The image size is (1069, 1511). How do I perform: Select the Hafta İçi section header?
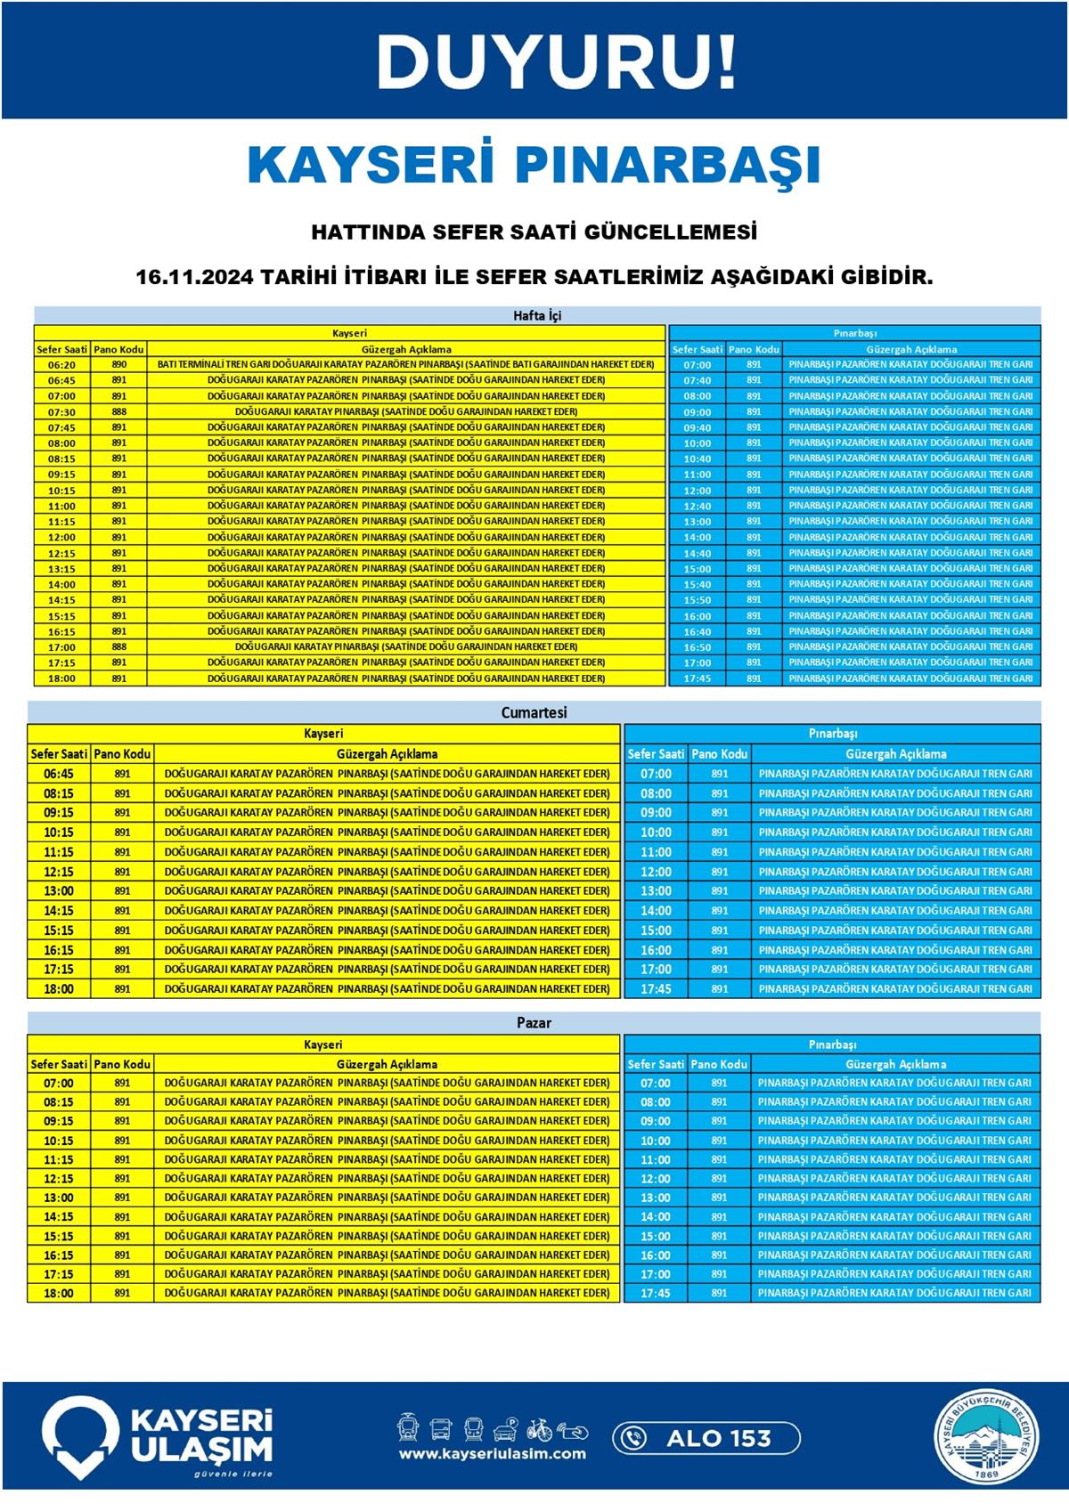pos(537,315)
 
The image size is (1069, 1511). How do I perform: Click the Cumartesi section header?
pos(534,712)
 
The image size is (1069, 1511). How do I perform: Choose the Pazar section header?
pos(534,1023)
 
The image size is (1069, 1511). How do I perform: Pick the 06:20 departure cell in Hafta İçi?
pos(62,364)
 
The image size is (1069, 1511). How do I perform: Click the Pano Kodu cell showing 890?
pos(119,364)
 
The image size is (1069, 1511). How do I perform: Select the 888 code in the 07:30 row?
pos(119,411)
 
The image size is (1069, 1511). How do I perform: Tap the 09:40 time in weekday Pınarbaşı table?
pos(698,427)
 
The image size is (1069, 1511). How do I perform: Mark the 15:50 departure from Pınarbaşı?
pos(698,600)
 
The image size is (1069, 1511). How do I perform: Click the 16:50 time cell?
pos(698,647)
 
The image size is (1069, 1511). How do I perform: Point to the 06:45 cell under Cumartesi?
pos(59,774)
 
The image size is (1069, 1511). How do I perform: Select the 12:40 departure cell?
pos(698,506)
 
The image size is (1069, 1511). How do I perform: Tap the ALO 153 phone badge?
pos(706,1437)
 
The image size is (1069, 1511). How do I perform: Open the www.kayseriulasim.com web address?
pos(493,1454)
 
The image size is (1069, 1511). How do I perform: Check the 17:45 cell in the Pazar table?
pos(656,1293)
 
